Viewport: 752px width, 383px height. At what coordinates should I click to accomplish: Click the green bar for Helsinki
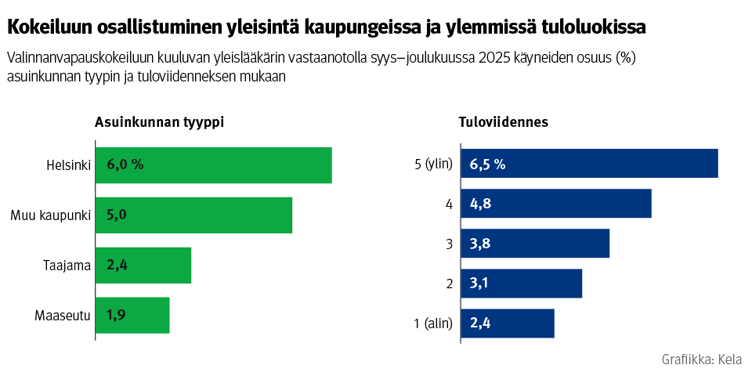coord(213,165)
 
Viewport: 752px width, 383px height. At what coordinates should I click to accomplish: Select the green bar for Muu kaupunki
coord(193,215)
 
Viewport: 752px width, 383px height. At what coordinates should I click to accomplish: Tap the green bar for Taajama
coord(143,266)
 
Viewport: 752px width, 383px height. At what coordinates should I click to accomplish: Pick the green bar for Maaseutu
coord(132,316)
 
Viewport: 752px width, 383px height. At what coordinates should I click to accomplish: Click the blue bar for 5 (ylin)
coord(589,164)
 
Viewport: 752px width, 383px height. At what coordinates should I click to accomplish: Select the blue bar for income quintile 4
coord(556,204)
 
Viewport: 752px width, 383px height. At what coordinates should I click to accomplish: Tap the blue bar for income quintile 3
coord(535,244)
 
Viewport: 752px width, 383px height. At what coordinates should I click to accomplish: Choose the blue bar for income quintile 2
coord(522,284)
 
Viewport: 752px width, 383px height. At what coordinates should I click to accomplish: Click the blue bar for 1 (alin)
coord(508,323)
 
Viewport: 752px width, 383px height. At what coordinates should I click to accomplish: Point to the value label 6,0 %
coord(125,165)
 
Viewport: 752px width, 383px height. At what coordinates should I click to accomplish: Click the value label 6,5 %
coord(487,164)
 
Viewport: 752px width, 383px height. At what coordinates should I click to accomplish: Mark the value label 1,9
coord(117,316)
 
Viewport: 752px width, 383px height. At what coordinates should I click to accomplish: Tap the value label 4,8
coord(480,204)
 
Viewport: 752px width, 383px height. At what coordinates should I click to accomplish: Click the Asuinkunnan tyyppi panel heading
coord(160,122)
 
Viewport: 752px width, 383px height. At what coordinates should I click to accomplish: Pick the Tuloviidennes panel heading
coord(503,122)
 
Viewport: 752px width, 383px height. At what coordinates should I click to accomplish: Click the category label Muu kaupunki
coord(51,215)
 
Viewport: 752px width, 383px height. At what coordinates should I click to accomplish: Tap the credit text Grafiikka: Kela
coord(701,360)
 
